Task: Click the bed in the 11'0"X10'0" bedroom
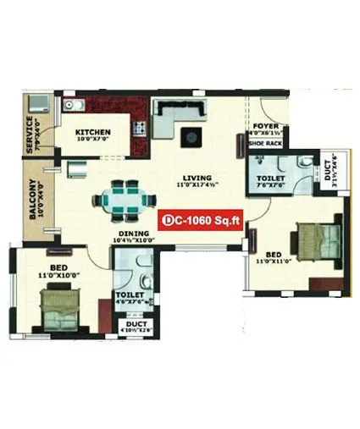click(x=63, y=305)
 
